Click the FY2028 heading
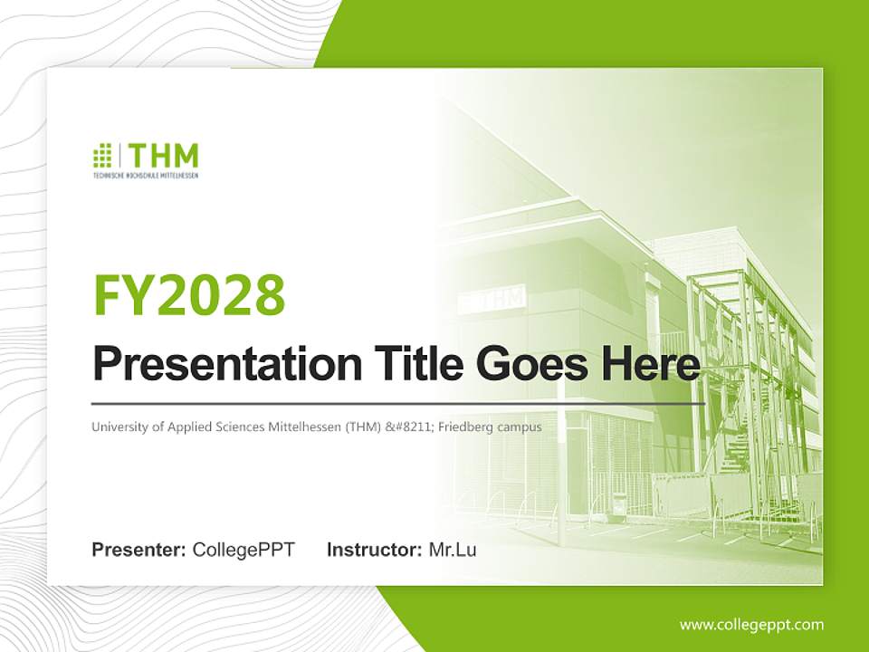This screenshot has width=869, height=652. pyautogui.click(x=189, y=294)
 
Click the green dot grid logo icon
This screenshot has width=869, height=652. pyautogui.click(x=102, y=155)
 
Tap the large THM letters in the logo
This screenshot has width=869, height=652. pyautogui.click(x=163, y=155)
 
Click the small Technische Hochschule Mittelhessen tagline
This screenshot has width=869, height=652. pyautogui.click(x=146, y=175)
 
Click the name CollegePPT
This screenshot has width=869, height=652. pyautogui.click(x=244, y=550)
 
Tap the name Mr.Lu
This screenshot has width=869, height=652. pyautogui.click(x=453, y=550)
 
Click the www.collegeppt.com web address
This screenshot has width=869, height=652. pyautogui.click(x=751, y=625)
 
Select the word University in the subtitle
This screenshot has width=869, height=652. pyautogui.click(x=118, y=427)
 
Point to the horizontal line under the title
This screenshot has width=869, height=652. pyautogui.click(x=398, y=403)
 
